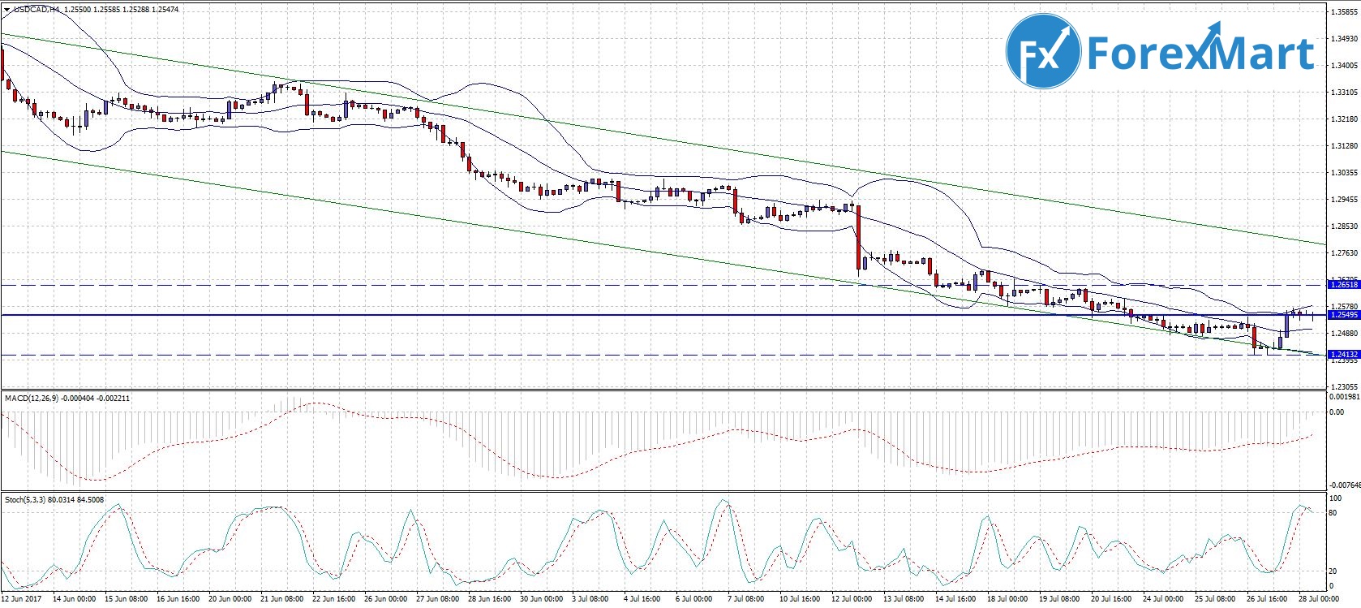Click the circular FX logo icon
[1043, 51]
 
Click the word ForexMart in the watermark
[1200, 54]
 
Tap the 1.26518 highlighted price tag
[1343, 285]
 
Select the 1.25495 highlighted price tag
[1343, 314]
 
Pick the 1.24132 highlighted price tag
[1343, 355]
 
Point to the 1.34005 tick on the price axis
[1343, 65]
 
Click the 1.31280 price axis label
[1343, 146]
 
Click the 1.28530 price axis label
[1343, 226]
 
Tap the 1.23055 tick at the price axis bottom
[1343, 387]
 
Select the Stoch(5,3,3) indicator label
[27, 500]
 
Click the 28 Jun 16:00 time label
[490, 599]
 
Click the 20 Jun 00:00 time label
[230, 599]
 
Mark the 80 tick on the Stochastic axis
[1333, 513]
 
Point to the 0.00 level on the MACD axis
[1335, 412]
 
